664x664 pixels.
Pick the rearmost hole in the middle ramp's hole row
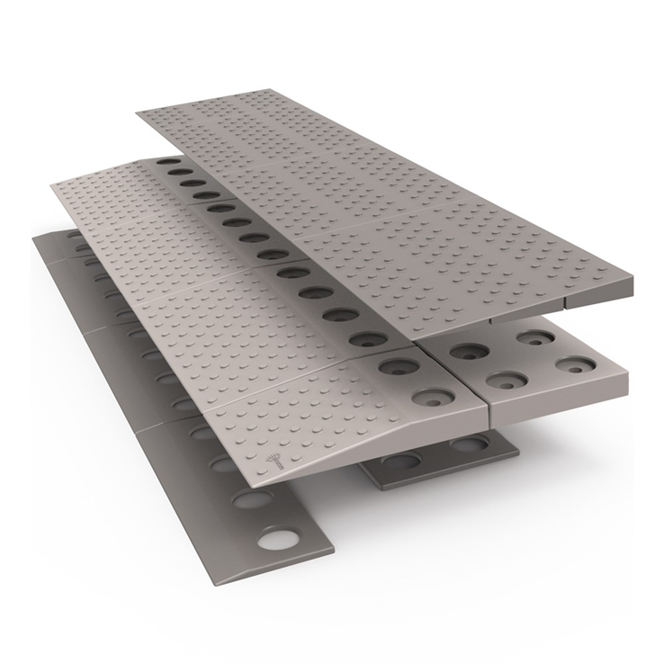click(165, 165)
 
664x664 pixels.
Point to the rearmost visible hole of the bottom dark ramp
click(71, 235)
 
